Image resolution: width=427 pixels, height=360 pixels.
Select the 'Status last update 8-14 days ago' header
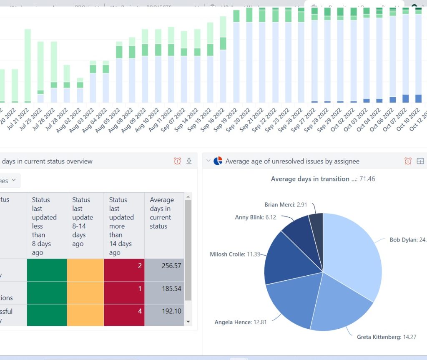pyautogui.click(x=85, y=222)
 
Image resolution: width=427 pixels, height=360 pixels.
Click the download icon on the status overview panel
pyautogui.click(x=189, y=161)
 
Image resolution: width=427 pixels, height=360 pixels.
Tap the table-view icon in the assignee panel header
pyautogui.click(x=420, y=161)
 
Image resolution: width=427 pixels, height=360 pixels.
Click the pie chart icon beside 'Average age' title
pyautogui.click(x=218, y=161)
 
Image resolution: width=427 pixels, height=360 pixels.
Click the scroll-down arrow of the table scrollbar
pyautogui.click(x=188, y=322)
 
